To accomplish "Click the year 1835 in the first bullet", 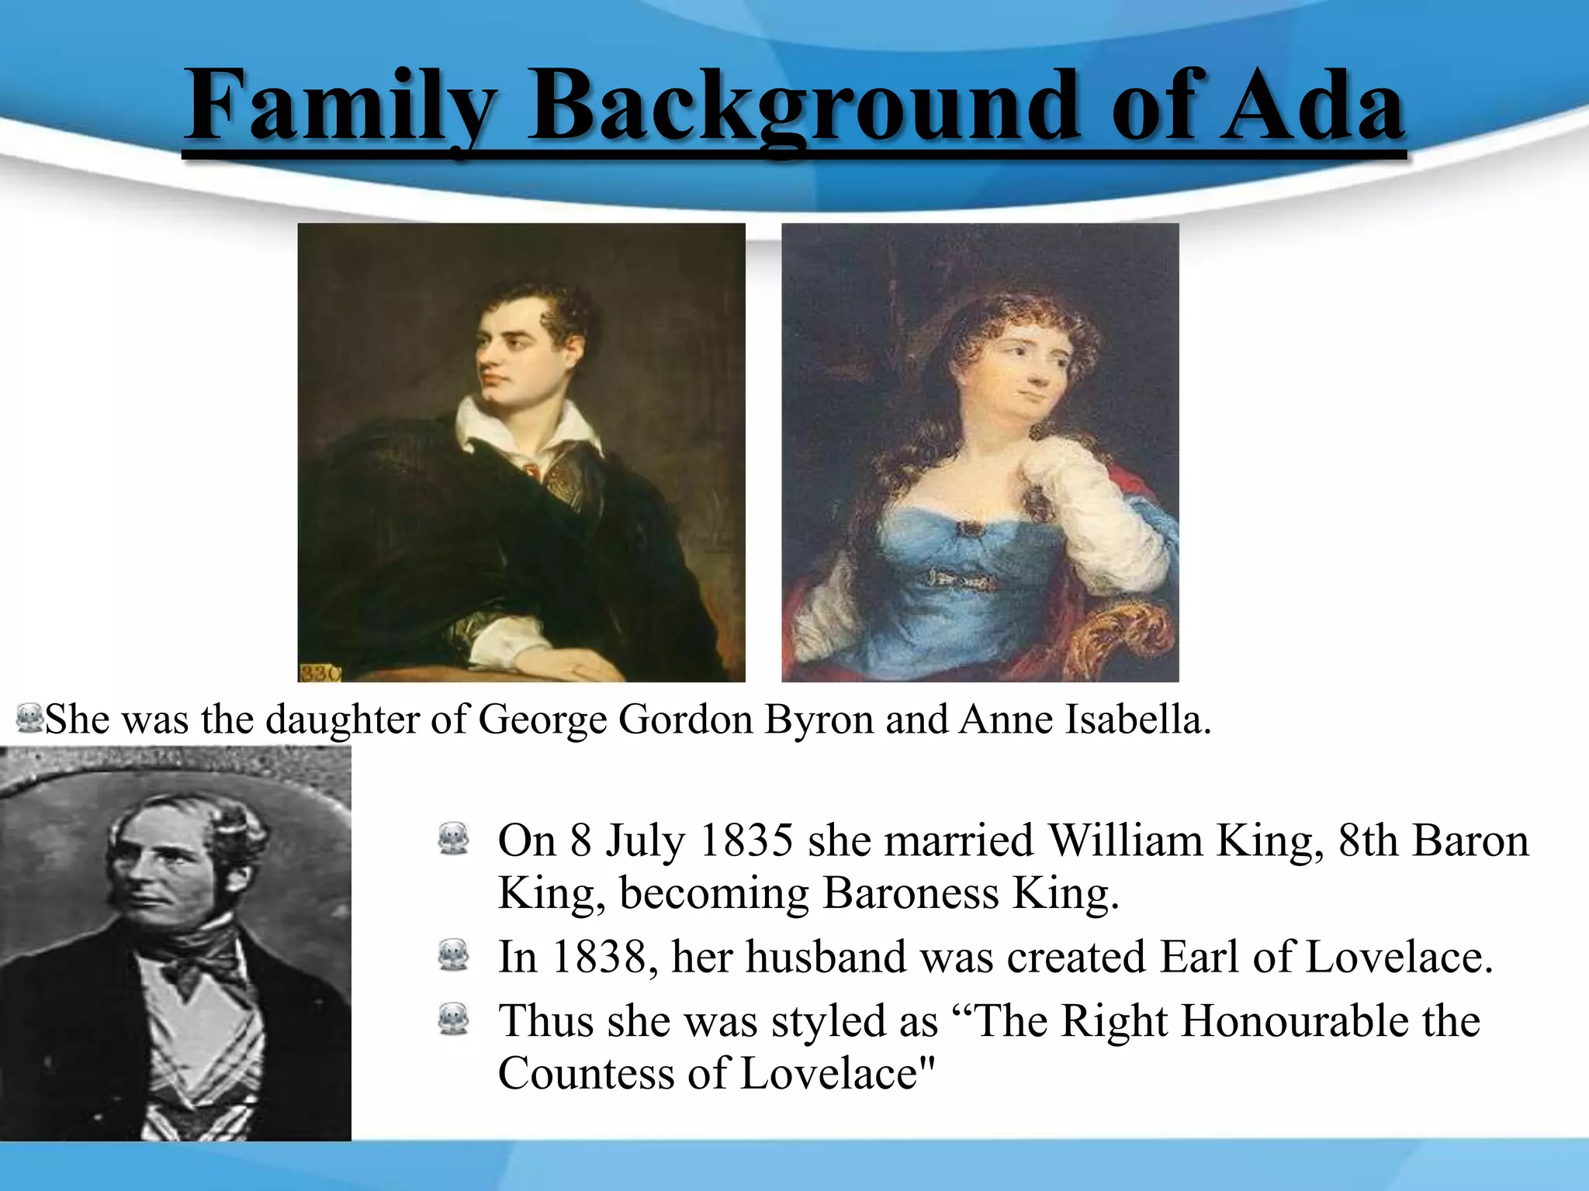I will (x=746, y=841).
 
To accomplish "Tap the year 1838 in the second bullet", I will (x=598, y=957).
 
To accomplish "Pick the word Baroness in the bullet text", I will (x=910, y=893).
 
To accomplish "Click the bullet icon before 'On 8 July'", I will (x=454, y=840).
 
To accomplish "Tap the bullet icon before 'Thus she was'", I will (x=454, y=1020).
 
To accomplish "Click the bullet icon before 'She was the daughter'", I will (x=29, y=719).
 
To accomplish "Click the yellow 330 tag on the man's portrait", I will (x=318, y=673).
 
